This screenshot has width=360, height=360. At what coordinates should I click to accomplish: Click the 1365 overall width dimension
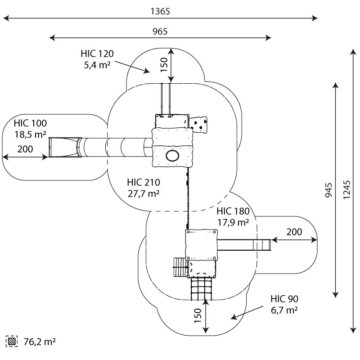(x=160, y=12)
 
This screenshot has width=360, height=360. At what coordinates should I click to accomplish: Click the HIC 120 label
(x=97, y=54)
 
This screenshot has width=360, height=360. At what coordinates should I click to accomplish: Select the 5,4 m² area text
(x=97, y=64)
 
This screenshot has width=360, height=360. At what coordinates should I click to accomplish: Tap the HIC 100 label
(x=30, y=123)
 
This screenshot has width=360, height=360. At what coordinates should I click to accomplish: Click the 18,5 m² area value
(x=30, y=134)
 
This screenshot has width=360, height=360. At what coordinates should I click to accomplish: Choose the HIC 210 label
(x=144, y=182)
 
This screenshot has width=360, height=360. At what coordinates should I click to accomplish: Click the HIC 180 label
(x=233, y=211)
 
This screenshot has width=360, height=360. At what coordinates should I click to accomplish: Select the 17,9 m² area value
(x=233, y=222)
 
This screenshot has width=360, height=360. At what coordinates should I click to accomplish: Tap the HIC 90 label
(x=284, y=299)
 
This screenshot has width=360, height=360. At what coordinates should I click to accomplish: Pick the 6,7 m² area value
(x=284, y=310)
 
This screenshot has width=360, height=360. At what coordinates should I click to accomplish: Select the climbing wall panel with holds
(x=200, y=124)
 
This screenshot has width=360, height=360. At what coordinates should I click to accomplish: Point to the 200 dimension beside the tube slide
(x=25, y=149)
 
